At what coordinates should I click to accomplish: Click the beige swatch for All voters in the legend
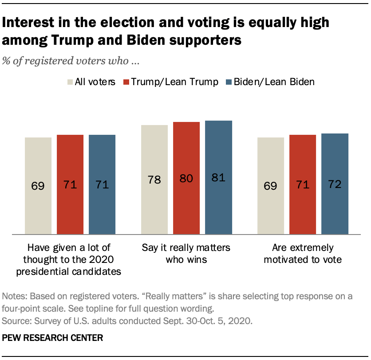pos(70,82)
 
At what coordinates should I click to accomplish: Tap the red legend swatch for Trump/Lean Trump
pos(126,82)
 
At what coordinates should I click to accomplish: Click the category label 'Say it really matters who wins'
pos(186,254)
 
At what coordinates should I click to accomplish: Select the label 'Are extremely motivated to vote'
pos(303,254)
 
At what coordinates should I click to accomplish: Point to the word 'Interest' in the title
pos(29,23)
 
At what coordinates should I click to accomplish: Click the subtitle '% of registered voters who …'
pos(71,61)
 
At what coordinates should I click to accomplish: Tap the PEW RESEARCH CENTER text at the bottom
pos(52,338)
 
